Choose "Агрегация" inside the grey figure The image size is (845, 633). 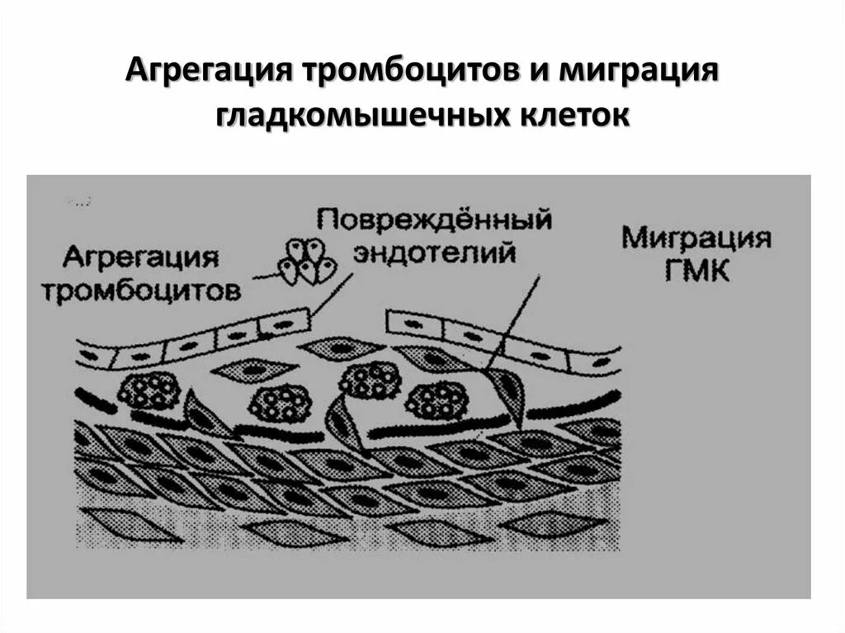(141, 257)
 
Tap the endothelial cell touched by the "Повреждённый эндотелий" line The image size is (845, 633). (286, 324)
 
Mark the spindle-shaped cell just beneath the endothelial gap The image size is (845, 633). (342, 349)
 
